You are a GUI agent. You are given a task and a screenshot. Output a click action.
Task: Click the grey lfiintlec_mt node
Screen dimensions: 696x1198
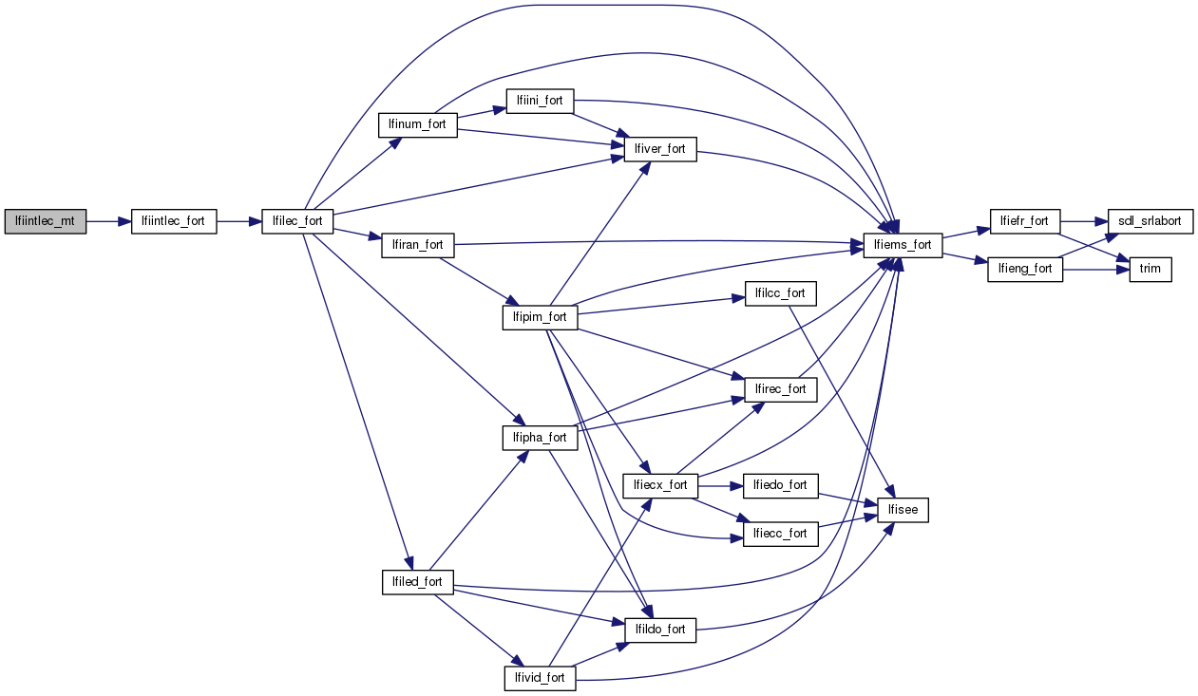pyautogui.click(x=46, y=221)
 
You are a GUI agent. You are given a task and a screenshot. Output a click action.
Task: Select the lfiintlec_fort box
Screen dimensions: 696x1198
pyautogui.click(x=173, y=221)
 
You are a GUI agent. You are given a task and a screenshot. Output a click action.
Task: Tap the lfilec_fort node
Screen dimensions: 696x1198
pyautogui.click(x=297, y=221)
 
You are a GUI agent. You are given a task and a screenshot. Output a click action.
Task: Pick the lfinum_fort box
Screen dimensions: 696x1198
pyautogui.click(x=418, y=124)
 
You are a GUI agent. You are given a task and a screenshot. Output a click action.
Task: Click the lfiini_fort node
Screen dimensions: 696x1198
pyautogui.click(x=540, y=101)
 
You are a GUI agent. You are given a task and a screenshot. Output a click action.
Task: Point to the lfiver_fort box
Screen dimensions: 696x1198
pyautogui.click(x=660, y=149)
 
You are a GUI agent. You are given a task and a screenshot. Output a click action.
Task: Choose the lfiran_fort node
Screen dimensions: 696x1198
pyautogui.click(x=418, y=245)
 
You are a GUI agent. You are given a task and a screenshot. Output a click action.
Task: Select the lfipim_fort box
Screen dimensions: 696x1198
pyautogui.click(x=540, y=317)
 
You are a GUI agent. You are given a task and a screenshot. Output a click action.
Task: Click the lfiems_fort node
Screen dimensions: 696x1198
pyautogui.click(x=903, y=245)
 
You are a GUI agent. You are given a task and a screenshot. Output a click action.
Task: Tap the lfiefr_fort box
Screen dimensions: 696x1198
pyautogui.click(x=1025, y=221)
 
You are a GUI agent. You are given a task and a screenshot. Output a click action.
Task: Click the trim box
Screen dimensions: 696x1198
pyautogui.click(x=1150, y=269)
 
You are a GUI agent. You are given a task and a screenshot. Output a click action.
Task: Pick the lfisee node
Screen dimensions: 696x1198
pyautogui.click(x=903, y=510)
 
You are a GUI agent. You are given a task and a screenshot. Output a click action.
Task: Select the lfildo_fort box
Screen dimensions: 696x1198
pyautogui.click(x=660, y=629)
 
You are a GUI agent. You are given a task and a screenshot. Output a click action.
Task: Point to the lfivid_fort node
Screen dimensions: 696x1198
pyautogui.click(x=540, y=678)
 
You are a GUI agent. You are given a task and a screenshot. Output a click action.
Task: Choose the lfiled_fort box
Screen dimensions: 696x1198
pyautogui.click(x=418, y=581)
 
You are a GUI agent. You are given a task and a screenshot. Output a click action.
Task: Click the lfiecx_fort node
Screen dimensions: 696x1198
pyautogui.click(x=660, y=485)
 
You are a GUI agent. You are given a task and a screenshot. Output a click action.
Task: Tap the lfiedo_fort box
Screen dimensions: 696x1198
pyautogui.click(x=780, y=485)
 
